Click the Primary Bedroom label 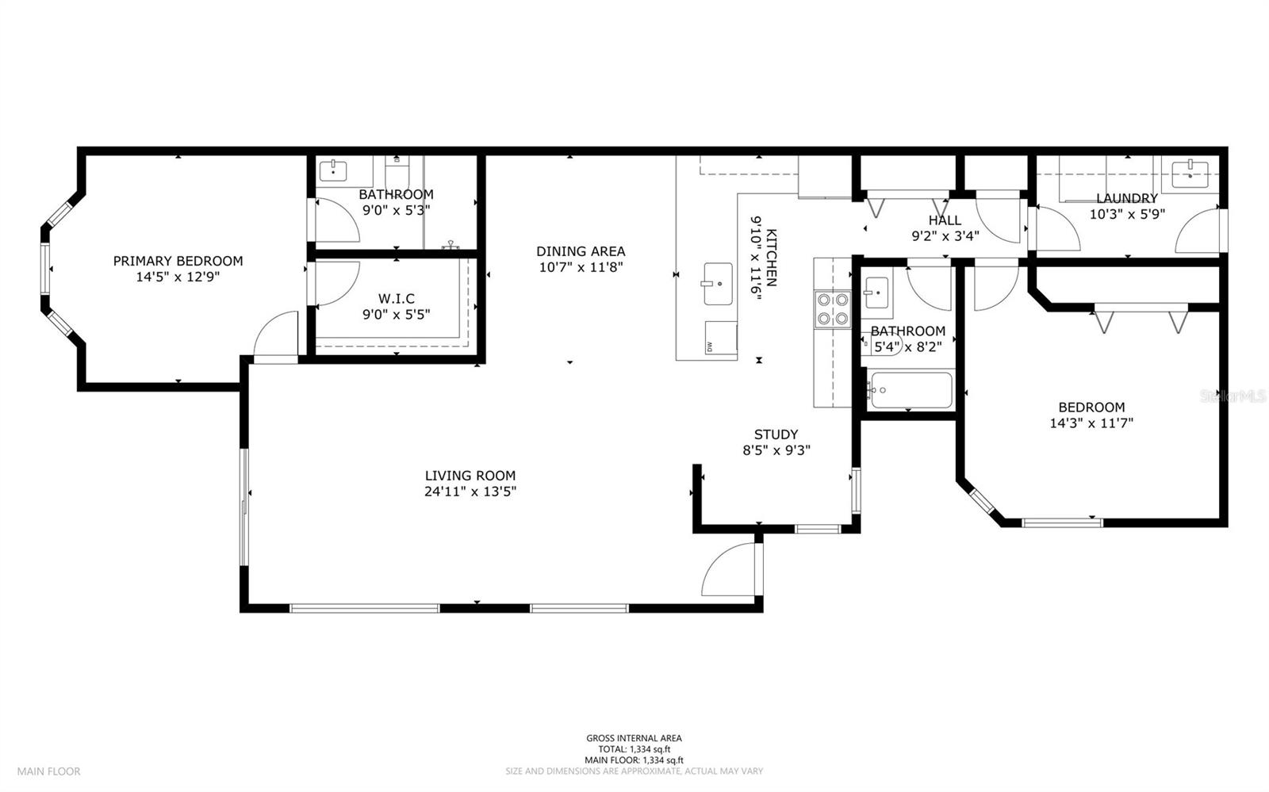pyautogui.click(x=178, y=261)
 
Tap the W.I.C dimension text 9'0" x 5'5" pyautogui.click(x=396, y=314)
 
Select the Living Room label pyautogui.click(x=470, y=476)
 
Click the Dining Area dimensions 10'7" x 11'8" pyautogui.click(x=581, y=268)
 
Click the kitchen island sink pyautogui.click(x=718, y=284)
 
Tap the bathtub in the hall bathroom pyautogui.click(x=910, y=390)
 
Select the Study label pyautogui.click(x=776, y=434)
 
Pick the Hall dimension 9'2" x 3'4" pyautogui.click(x=945, y=235)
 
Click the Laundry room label pyautogui.click(x=1126, y=198)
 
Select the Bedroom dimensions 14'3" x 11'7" pyautogui.click(x=1091, y=423)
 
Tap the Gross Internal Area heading pyautogui.click(x=634, y=738)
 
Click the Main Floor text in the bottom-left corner pyautogui.click(x=49, y=771)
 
